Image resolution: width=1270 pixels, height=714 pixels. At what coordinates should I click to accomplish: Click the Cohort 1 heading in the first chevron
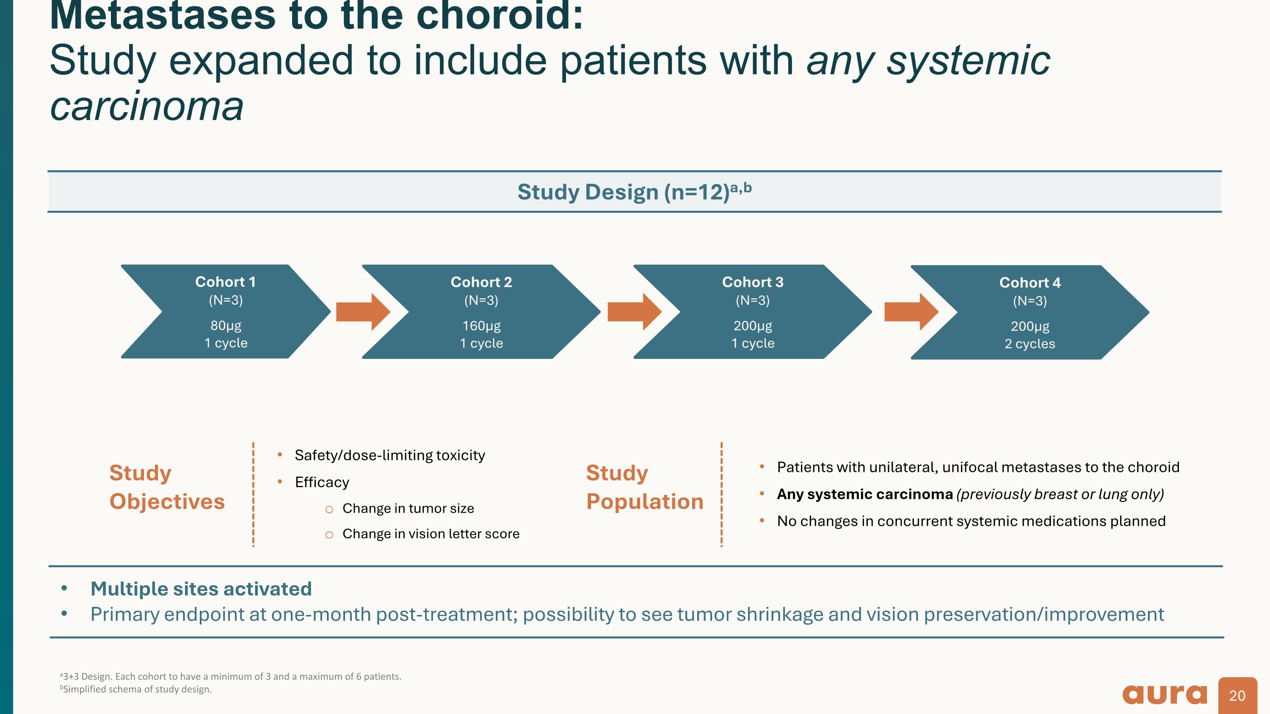click(x=225, y=282)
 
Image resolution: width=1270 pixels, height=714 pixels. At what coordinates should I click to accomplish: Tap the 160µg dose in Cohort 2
click(x=481, y=326)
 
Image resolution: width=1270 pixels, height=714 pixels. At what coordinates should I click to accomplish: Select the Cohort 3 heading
click(x=752, y=282)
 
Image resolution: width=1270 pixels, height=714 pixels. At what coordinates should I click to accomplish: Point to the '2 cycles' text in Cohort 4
click(x=1030, y=344)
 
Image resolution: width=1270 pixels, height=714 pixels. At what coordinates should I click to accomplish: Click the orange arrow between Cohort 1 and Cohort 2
click(x=363, y=312)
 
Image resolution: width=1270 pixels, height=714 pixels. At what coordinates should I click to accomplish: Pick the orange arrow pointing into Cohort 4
click(x=911, y=312)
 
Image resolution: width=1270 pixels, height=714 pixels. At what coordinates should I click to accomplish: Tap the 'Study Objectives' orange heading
click(x=167, y=487)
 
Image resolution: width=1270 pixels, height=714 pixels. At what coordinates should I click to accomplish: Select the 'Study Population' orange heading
click(x=644, y=487)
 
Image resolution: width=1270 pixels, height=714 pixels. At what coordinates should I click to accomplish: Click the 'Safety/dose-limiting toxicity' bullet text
click(x=389, y=455)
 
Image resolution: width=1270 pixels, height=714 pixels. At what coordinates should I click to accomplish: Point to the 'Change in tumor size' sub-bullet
click(x=408, y=509)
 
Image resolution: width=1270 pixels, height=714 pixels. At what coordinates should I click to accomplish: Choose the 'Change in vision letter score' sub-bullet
click(x=431, y=534)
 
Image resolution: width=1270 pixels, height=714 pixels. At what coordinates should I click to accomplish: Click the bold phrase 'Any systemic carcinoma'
click(x=864, y=494)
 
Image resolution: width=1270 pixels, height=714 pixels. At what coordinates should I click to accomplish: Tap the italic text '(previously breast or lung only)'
click(x=1060, y=494)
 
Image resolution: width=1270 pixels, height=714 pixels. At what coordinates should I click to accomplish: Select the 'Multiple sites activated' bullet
click(x=201, y=589)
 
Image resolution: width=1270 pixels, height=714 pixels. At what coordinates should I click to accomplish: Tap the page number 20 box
click(x=1237, y=695)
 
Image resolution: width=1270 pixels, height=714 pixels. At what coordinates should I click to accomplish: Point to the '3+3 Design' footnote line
click(x=231, y=677)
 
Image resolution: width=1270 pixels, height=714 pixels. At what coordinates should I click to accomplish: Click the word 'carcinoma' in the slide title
click(x=147, y=106)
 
